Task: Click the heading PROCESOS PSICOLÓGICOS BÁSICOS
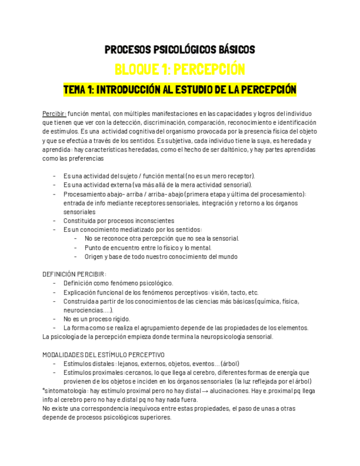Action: click(180, 50)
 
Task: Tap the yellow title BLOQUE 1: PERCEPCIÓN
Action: click(180, 70)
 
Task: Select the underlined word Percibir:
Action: click(54, 114)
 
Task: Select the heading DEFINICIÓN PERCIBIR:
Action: click(74, 274)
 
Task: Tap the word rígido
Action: click(119, 319)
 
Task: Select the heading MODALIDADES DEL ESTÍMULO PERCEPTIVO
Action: click(103, 354)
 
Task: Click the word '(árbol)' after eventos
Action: click(230, 363)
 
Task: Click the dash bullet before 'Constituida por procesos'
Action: click(54, 220)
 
